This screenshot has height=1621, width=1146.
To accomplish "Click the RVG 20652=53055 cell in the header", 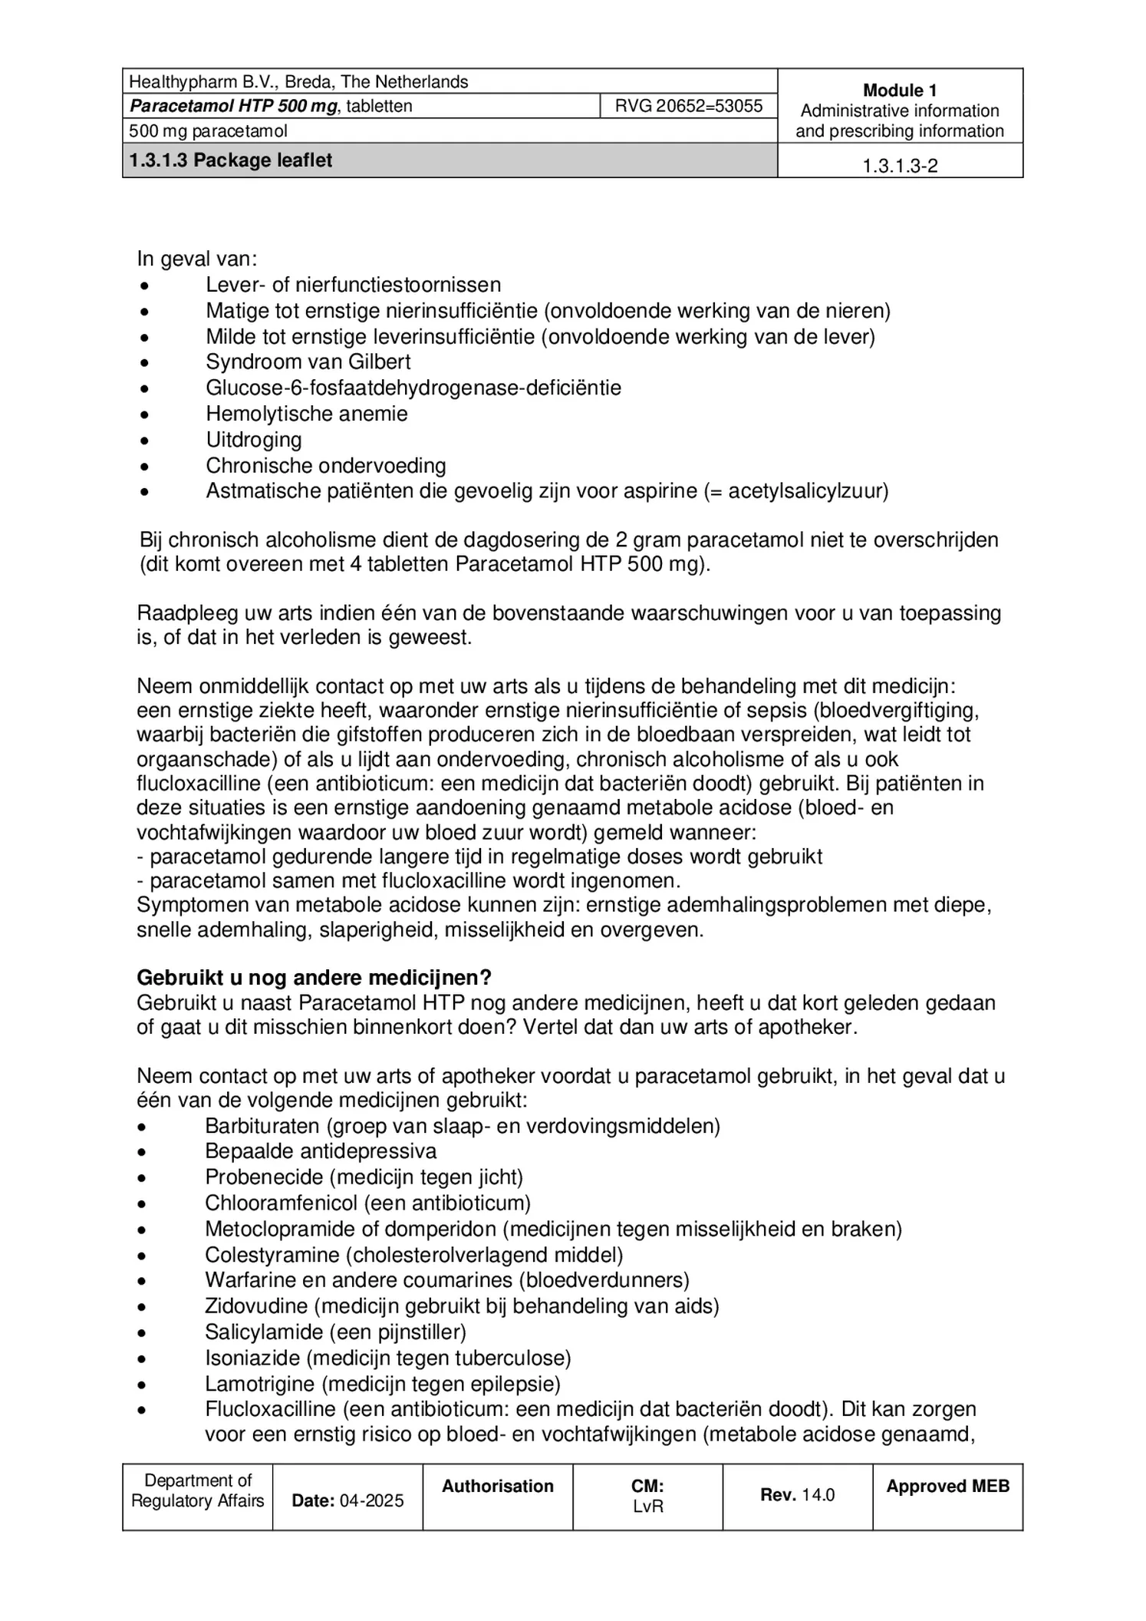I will [688, 106].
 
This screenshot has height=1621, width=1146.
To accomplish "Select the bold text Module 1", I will [899, 91].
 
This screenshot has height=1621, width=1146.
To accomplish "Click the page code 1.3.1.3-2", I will [899, 166].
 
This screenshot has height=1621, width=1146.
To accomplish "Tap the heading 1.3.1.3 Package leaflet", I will [231, 160].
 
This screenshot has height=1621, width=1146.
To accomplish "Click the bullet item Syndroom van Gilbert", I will [308, 362].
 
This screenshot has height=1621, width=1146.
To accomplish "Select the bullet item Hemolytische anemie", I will [306, 414].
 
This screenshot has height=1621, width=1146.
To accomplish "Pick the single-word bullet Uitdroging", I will [253, 440].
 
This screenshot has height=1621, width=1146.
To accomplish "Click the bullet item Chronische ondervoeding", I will [325, 465].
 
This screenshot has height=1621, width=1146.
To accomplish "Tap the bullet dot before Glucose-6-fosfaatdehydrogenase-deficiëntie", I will [143, 389].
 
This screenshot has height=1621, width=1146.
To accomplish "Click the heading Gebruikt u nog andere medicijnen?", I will [314, 978].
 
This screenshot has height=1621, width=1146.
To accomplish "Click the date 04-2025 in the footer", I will [371, 1500].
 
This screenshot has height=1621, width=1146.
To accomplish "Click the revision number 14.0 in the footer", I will [818, 1494].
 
